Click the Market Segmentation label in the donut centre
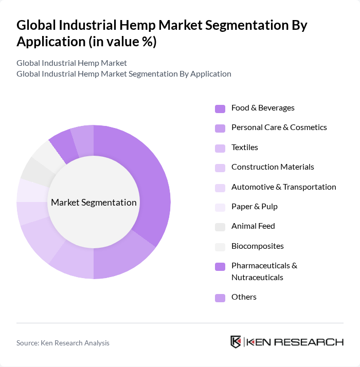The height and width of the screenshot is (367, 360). (x=94, y=202)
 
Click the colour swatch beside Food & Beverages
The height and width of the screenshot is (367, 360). (x=220, y=108)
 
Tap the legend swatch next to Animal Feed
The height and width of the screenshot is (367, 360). (x=220, y=226)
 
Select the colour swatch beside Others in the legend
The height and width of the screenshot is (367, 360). (x=220, y=297)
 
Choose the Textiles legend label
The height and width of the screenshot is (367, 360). (x=245, y=147)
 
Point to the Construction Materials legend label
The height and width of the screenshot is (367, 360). (x=273, y=167)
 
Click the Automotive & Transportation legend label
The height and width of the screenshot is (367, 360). (x=283, y=187)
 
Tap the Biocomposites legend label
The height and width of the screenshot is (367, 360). (x=257, y=246)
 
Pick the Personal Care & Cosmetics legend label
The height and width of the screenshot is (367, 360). (x=279, y=127)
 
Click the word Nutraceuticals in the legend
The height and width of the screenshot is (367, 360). (x=257, y=277)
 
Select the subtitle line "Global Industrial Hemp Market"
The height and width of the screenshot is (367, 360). (x=71, y=63)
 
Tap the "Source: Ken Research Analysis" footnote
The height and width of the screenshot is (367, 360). (x=63, y=342)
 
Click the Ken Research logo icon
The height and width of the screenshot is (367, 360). (x=236, y=342)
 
